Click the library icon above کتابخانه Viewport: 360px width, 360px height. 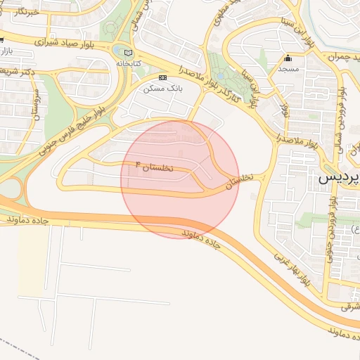[127, 53]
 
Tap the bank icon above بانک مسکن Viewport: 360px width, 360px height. [163, 77]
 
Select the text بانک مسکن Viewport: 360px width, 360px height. [162, 89]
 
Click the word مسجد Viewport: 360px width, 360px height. [288, 69]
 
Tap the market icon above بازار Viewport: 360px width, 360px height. [3, 40]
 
